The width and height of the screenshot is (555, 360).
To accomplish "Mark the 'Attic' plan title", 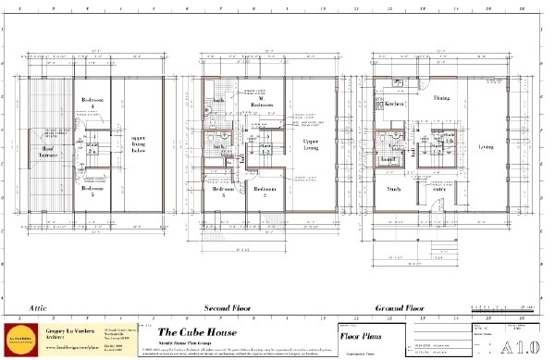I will pos(38,306).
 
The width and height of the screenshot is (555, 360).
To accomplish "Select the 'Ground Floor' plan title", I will pos(399,306).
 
